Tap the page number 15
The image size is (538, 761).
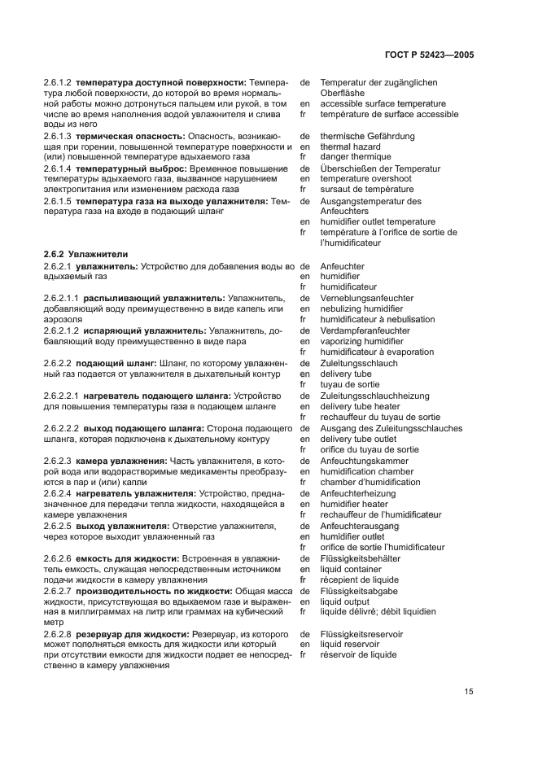469,692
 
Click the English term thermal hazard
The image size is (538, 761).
352,147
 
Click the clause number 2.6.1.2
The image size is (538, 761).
57,82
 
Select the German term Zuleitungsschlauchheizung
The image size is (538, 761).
374,396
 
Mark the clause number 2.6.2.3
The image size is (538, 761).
57,461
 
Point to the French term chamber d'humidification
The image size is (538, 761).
370,482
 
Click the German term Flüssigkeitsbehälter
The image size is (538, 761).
360,558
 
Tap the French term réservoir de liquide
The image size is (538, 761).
358,654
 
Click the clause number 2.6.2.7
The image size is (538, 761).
57,591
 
